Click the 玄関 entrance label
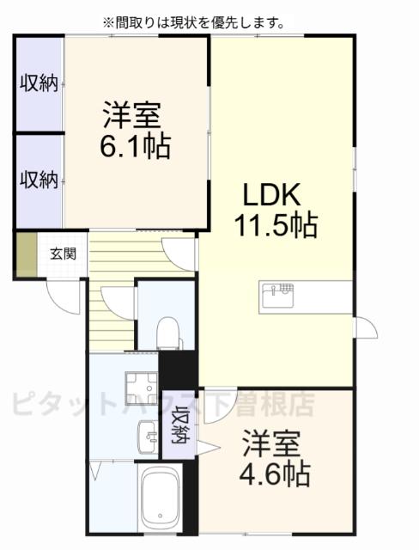[x=61, y=254]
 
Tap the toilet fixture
[x=168, y=331]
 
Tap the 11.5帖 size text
[x=276, y=226]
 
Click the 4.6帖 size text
[x=276, y=472]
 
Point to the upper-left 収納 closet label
[x=38, y=83]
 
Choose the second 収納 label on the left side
[x=38, y=180]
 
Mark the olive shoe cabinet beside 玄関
[x=25, y=254]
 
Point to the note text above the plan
[x=193, y=22]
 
